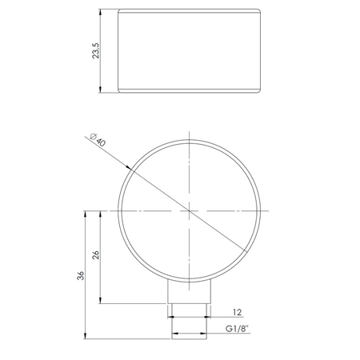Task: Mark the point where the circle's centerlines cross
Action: pyautogui.click(x=189, y=210)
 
